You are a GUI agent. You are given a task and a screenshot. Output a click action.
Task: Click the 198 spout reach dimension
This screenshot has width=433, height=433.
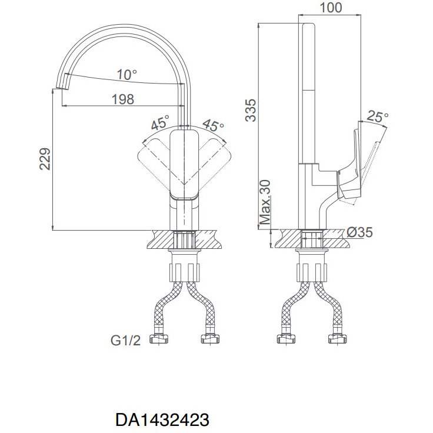tap(123, 99)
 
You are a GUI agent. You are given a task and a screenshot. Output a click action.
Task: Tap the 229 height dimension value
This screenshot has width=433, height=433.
tap(45, 159)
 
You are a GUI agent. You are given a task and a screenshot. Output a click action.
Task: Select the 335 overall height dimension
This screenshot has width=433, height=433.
tap(251, 110)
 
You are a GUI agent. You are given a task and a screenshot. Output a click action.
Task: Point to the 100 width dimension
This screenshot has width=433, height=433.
tap(331, 8)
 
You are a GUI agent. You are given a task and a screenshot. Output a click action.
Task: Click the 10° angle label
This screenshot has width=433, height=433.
tap(126, 75)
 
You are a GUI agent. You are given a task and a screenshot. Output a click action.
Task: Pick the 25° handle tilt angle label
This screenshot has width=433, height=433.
tap(377, 117)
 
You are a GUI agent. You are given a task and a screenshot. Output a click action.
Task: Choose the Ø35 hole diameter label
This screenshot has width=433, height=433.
tap(359, 232)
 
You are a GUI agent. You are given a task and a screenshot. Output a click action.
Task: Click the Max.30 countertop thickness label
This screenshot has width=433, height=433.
tap(265, 202)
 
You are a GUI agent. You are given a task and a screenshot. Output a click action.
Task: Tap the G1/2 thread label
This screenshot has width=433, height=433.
tap(126, 341)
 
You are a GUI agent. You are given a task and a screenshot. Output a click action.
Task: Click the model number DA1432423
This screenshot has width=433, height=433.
tap(162, 420)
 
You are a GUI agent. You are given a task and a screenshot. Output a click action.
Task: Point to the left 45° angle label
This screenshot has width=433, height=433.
tap(160, 122)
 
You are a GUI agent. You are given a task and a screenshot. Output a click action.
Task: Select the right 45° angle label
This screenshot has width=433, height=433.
tap(213, 126)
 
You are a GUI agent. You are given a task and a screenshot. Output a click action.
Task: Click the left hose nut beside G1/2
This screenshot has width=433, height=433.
tap(159, 338)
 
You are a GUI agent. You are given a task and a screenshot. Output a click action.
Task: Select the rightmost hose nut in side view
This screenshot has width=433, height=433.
tap(337, 338)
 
